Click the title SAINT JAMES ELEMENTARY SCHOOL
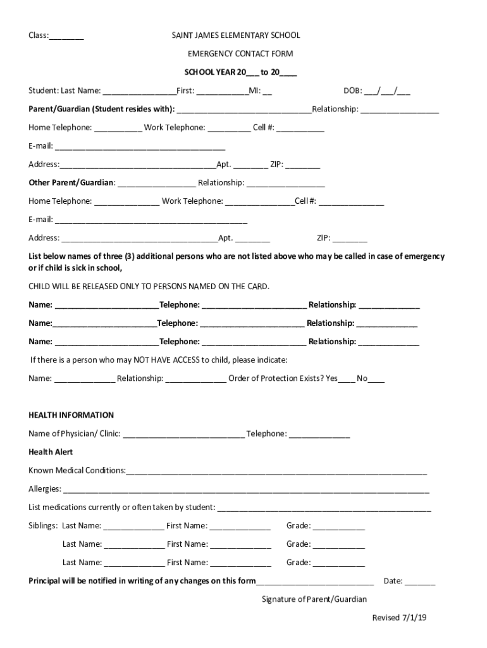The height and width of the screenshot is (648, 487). click(x=236, y=35)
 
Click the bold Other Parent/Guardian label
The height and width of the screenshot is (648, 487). click(x=71, y=183)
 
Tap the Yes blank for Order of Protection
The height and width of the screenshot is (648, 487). click(x=347, y=380)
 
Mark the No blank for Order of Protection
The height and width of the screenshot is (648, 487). click(x=376, y=380)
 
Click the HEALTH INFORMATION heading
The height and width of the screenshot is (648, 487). click(x=71, y=415)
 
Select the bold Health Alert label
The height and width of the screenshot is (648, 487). click(x=51, y=452)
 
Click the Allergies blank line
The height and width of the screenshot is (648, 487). click(x=246, y=490)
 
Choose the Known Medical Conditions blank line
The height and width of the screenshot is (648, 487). click(x=276, y=471)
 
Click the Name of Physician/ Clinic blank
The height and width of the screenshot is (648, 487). click(x=183, y=435)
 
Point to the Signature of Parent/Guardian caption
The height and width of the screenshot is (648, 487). click(x=314, y=599)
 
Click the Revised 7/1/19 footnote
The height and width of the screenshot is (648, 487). click(x=400, y=618)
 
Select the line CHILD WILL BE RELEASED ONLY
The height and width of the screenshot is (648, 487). click(x=149, y=286)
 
